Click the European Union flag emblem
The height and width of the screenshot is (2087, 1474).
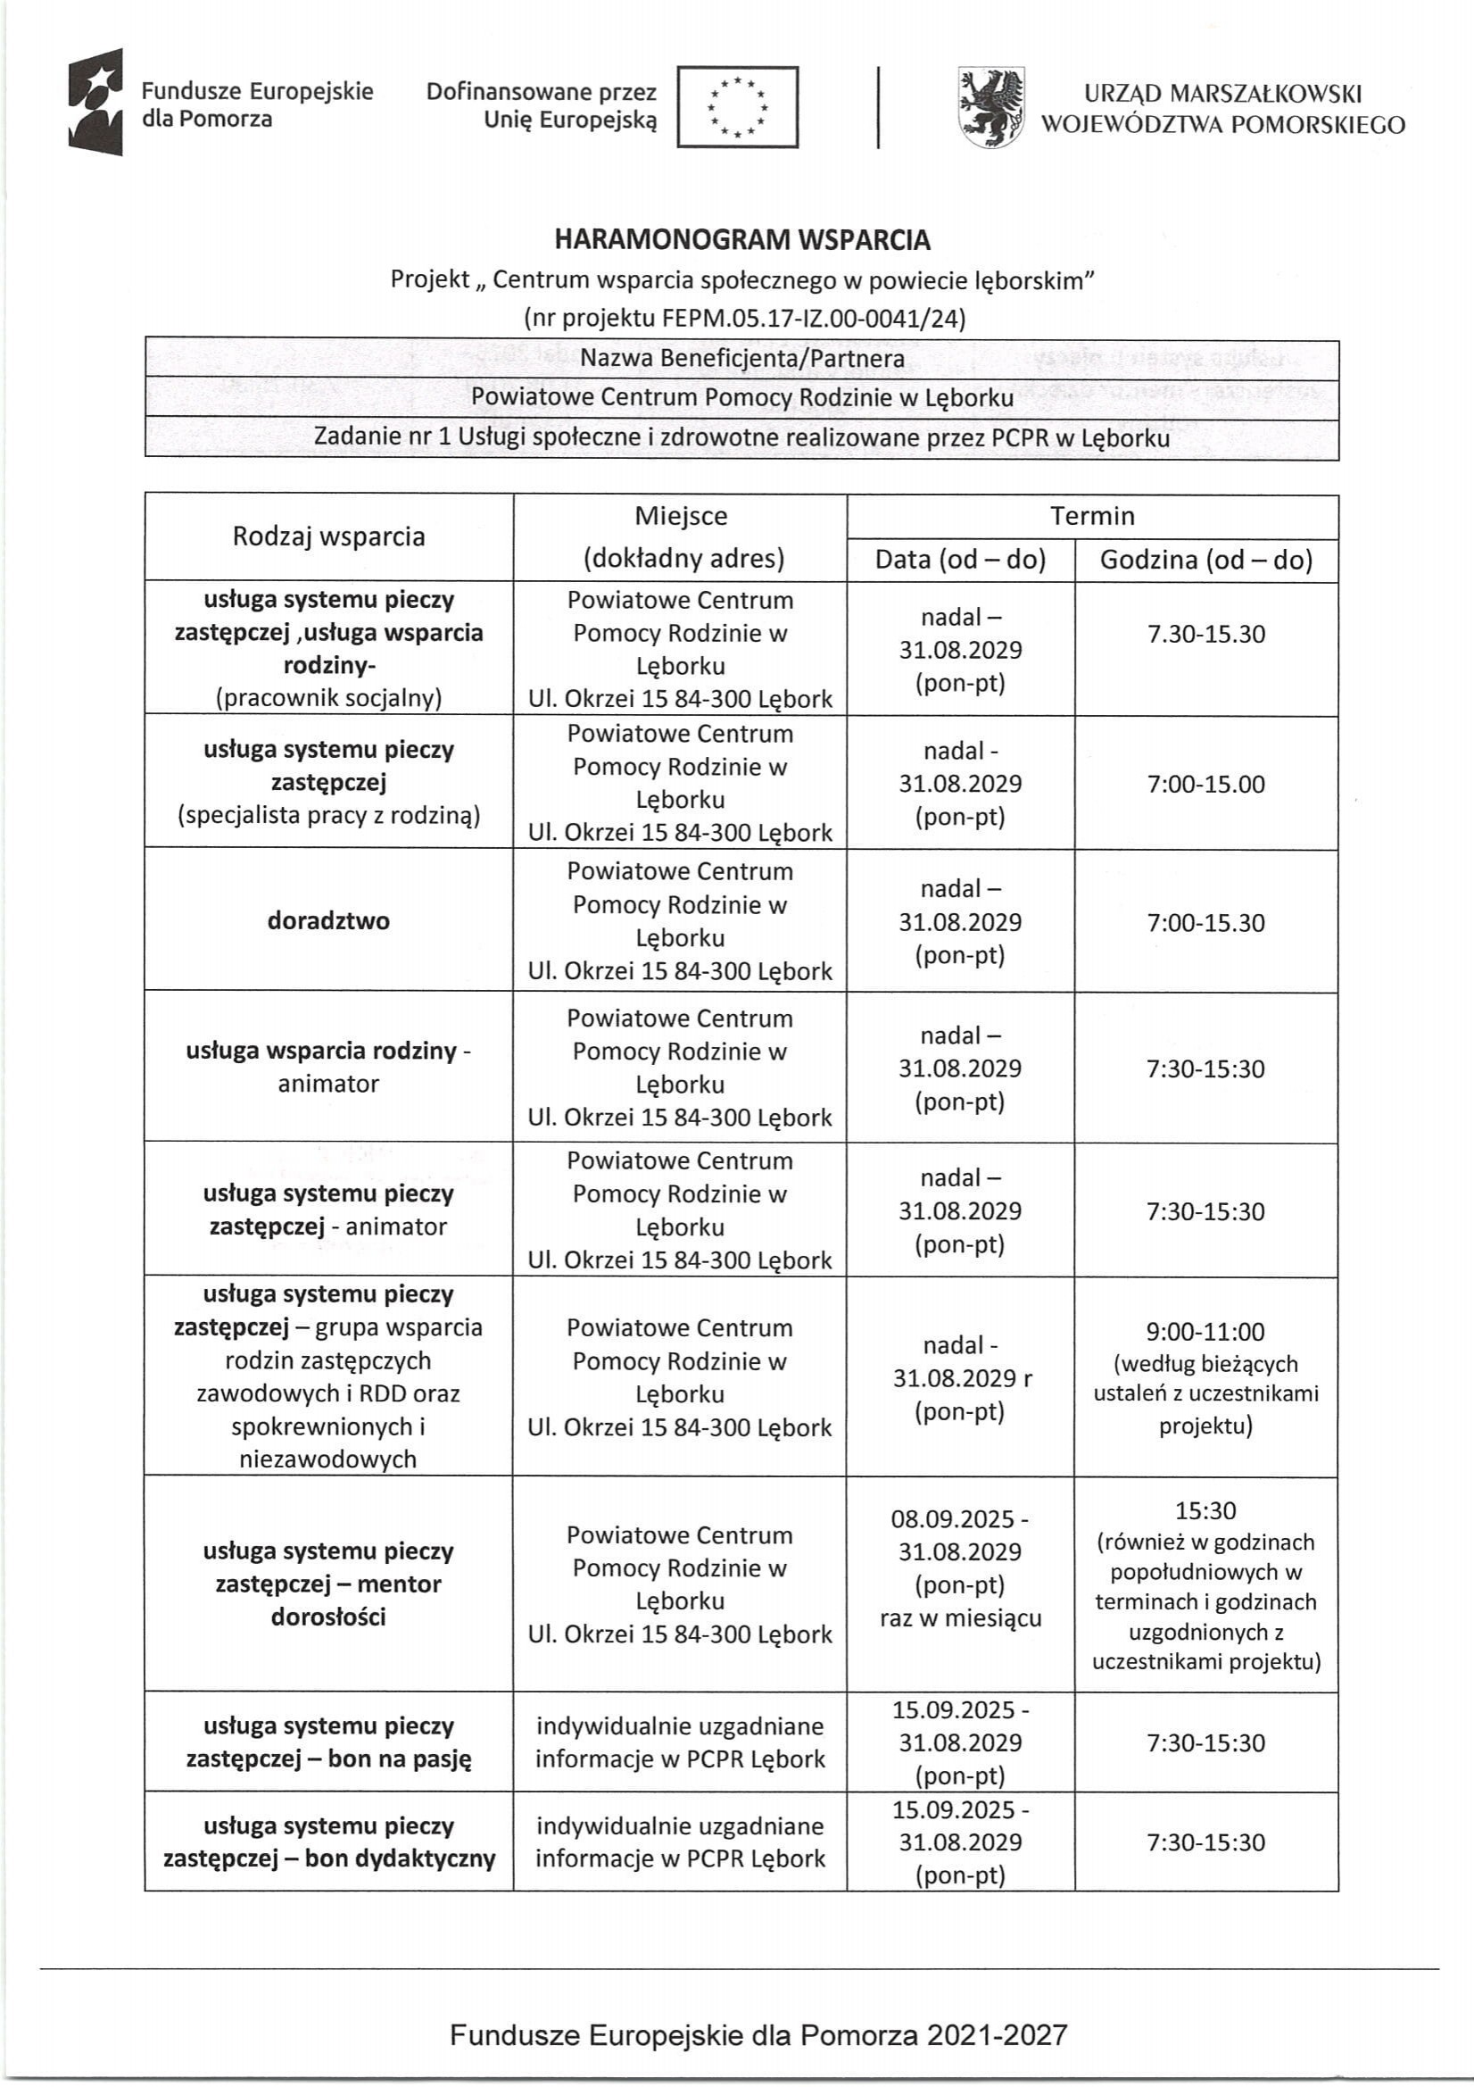(737, 107)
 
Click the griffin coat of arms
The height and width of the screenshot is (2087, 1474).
(991, 107)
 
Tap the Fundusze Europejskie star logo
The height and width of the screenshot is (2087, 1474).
(95, 102)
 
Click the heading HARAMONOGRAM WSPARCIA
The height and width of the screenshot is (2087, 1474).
(742, 240)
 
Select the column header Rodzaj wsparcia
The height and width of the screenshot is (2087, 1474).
(328, 536)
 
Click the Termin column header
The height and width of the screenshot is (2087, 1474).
(1092, 516)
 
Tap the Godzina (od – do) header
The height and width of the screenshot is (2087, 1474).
(1206, 559)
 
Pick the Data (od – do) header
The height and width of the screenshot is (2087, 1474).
(961, 559)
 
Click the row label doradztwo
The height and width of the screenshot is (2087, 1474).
(328, 921)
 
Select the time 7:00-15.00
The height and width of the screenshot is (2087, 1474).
(1206, 784)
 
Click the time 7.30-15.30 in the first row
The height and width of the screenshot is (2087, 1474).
(1206, 634)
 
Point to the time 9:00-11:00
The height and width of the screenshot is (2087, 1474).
(1206, 1332)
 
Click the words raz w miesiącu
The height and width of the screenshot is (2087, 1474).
(961, 1618)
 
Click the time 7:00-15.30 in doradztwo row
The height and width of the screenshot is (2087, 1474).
(1206, 923)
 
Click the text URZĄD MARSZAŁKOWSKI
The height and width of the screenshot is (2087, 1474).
(1222, 94)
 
